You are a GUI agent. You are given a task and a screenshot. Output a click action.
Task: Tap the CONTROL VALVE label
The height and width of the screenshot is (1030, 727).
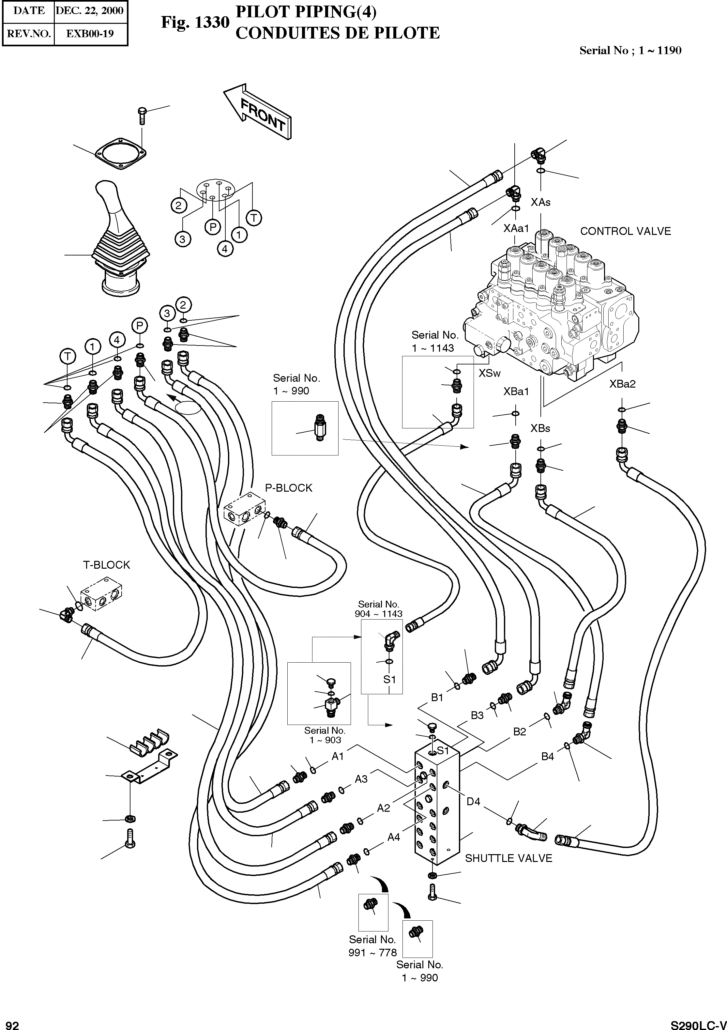pos(625,232)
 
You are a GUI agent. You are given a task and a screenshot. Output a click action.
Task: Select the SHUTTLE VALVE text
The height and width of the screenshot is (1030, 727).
pos(508,858)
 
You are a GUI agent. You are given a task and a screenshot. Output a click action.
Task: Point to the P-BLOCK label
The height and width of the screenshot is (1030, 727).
pos(288,488)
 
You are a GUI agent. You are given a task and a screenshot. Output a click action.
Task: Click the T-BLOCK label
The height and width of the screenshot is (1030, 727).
pos(106,565)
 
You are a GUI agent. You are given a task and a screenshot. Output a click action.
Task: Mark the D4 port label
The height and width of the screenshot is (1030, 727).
pos(473,802)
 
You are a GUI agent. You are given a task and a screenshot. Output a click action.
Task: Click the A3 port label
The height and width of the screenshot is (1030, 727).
pos(361,779)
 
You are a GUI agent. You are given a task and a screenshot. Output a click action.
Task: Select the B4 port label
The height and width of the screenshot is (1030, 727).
pos(547,757)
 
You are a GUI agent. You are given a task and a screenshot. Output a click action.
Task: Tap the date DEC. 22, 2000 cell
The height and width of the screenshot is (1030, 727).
pos(90,11)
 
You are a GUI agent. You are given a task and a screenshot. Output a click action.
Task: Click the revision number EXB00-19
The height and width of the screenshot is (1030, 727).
pos(90,34)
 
